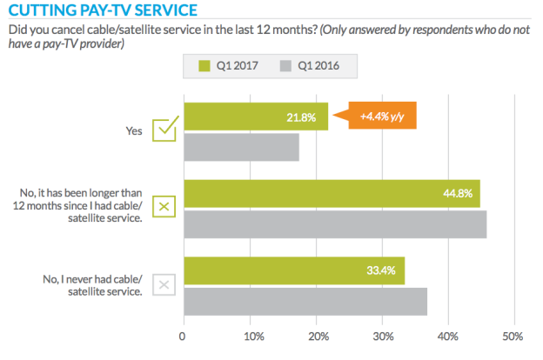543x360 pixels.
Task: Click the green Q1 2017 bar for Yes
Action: tap(255, 117)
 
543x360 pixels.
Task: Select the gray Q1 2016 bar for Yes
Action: tap(241, 148)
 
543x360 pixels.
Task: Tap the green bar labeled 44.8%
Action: tap(331, 194)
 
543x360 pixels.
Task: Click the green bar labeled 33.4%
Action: tap(293, 270)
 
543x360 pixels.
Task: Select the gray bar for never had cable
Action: tap(305, 302)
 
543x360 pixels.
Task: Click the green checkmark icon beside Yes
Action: tap(164, 130)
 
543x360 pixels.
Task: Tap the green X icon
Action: tap(164, 208)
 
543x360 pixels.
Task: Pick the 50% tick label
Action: tap(513, 337)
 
